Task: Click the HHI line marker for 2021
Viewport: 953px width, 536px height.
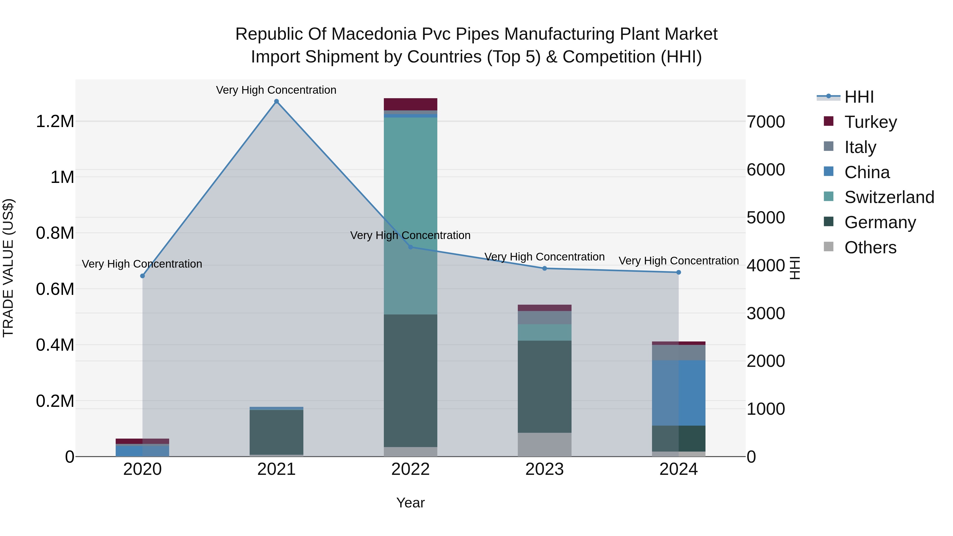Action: click(x=276, y=101)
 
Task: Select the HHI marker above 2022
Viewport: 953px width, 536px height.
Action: click(x=410, y=247)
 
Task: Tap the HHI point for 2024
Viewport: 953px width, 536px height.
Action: click(x=678, y=272)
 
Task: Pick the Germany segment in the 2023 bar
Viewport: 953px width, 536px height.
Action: click(x=544, y=386)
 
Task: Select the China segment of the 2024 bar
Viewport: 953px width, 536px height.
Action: click(x=678, y=393)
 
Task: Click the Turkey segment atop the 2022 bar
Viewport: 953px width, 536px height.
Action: click(x=410, y=104)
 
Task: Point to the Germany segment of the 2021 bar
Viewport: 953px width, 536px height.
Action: click(x=276, y=432)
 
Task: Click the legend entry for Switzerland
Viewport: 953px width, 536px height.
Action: click(x=889, y=197)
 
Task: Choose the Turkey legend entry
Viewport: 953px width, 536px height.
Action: click(x=870, y=122)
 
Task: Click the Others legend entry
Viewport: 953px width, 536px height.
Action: click(x=870, y=247)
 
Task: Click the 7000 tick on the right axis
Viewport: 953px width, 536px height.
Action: click(x=765, y=122)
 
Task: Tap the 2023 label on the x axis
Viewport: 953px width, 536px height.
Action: click(x=544, y=469)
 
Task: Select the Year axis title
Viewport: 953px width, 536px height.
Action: click(x=410, y=503)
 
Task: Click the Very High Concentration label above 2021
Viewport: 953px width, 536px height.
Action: click(x=276, y=90)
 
